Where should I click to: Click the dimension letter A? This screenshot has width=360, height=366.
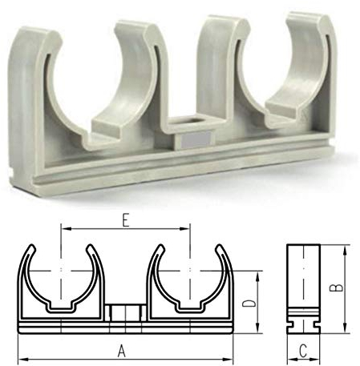(x=122, y=349)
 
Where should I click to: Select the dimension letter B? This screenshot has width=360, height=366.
(x=338, y=286)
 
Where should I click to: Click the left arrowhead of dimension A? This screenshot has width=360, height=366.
(x=21, y=357)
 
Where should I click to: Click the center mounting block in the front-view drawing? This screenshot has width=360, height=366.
(x=124, y=312)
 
